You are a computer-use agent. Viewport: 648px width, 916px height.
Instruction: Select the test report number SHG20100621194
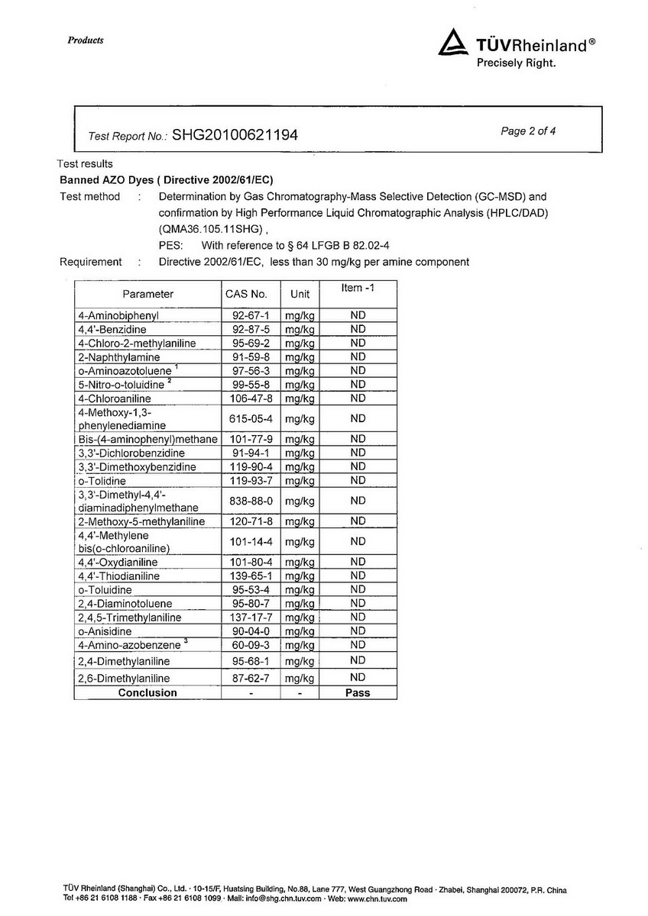[224, 136]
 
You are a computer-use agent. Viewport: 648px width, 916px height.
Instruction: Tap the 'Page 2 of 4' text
[528, 131]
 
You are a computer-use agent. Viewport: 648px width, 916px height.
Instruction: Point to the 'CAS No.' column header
[246, 294]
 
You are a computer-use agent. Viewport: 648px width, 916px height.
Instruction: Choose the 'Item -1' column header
[358, 288]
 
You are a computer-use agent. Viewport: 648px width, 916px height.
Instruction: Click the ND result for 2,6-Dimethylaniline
[358, 678]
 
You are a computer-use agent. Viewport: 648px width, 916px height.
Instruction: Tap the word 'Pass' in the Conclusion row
[358, 693]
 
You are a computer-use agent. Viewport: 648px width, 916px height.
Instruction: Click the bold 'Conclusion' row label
[147, 693]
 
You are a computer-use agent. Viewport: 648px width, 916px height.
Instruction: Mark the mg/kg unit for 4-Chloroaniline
[300, 398]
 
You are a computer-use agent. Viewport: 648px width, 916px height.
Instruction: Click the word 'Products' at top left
[86, 40]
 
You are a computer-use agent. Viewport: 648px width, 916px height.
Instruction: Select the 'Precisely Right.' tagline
[517, 63]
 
